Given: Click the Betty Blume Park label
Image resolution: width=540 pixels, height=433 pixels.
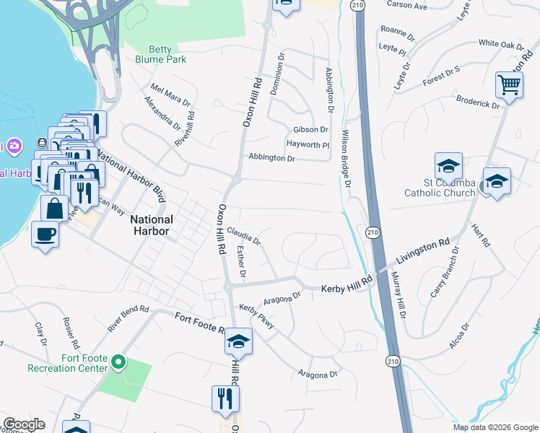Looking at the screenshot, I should click(x=161, y=55).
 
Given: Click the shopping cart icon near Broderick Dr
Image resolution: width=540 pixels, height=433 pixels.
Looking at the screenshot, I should click(x=509, y=86).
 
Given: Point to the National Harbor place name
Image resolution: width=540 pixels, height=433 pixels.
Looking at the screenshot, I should click(x=152, y=225).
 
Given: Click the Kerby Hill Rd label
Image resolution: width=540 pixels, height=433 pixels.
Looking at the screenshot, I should click(x=347, y=284).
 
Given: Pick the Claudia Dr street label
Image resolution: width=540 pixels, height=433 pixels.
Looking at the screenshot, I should click(x=243, y=235).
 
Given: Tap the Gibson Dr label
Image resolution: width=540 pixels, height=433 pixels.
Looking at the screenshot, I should click(x=310, y=130).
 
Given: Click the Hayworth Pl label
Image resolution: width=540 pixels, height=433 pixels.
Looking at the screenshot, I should click(x=308, y=144).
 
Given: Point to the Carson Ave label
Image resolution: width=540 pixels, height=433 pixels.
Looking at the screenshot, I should click(x=407, y=5).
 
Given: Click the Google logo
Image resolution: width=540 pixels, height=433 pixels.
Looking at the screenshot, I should click(x=23, y=424).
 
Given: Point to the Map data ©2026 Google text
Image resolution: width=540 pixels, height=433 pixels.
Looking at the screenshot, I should click(x=496, y=427).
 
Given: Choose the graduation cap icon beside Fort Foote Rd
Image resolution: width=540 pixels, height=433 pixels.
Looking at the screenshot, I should click(x=238, y=341).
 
